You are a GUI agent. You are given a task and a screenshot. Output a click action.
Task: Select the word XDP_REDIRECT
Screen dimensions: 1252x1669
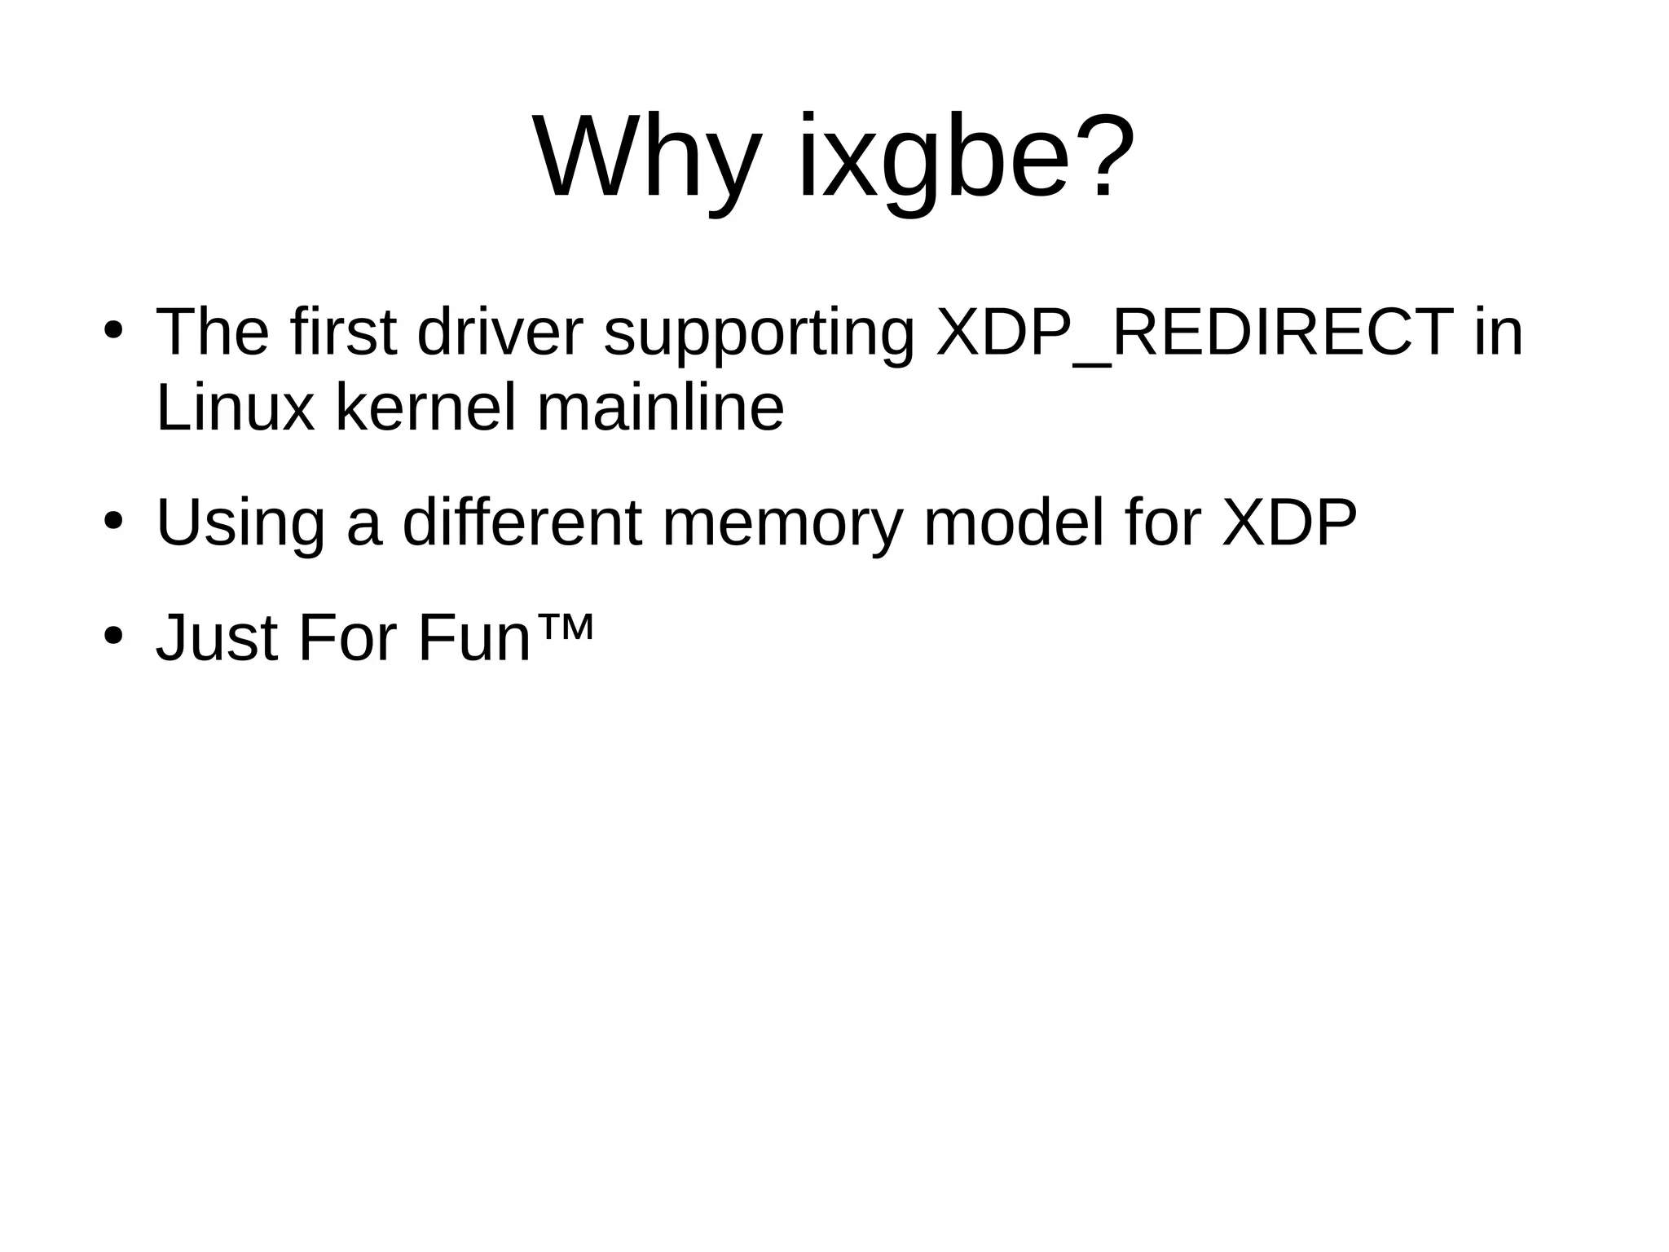[x=1195, y=333]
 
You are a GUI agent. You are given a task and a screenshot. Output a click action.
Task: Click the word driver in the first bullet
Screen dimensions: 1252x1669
[x=500, y=333]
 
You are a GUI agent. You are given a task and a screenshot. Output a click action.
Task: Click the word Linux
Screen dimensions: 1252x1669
[x=235, y=407]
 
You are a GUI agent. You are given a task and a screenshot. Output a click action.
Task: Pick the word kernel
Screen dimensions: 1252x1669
[x=426, y=407]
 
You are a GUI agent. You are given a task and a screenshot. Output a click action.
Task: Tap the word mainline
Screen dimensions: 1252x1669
[x=660, y=407]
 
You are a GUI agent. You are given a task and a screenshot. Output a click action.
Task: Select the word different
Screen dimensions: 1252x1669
[x=522, y=522]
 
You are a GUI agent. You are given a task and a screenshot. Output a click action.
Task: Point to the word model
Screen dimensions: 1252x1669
[x=1014, y=522]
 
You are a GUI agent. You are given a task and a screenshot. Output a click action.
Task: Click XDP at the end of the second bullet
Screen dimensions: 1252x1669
[x=1289, y=522]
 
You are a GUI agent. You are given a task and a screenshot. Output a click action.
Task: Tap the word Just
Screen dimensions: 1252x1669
[x=217, y=637]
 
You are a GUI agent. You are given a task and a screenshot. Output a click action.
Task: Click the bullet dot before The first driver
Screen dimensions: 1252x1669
[x=112, y=333]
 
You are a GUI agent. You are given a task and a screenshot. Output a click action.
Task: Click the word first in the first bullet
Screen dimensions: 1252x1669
[x=343, y=333]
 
